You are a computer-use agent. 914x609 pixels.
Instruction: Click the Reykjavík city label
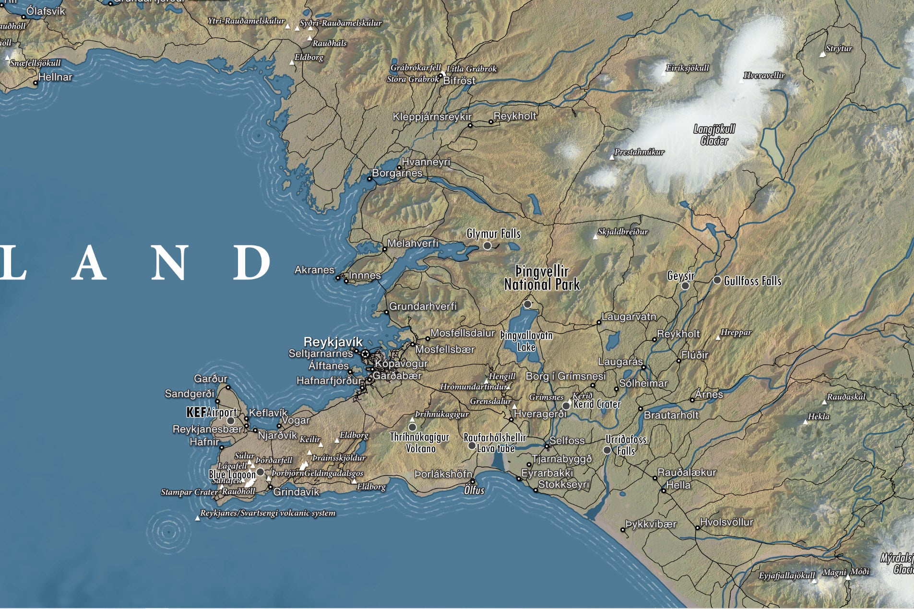click(333, 342)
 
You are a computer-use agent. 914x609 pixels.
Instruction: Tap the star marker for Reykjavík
click(365, 354)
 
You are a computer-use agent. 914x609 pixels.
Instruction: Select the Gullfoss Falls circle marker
click(717, 280)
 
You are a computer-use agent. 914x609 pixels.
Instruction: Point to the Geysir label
click(681, 276)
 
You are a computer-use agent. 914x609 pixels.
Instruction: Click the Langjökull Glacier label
click(714, 135)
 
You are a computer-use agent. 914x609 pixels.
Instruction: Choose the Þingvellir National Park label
click(542, 278)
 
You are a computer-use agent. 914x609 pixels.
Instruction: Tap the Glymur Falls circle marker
click(487, 246)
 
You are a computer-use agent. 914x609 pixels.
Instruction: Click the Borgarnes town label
click(397, 173)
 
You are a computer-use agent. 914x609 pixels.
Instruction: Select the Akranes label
click(314, 270)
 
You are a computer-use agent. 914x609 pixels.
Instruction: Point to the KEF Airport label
click(211, 412)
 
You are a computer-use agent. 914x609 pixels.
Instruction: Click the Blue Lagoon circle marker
click(260, 472)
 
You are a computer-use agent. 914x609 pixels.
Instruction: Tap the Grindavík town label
click(296, 492)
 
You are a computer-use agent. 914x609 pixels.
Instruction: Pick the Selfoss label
click(567, 440)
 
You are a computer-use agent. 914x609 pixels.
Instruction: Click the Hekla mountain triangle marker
click(806, 422)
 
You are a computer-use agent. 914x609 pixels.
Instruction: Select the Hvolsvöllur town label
click(726, 522)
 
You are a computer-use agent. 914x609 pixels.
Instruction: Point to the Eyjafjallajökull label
click(787, 575)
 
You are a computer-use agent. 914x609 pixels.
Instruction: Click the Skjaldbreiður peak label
click(623, 232)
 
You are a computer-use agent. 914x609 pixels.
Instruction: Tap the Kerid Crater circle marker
click(566, 406)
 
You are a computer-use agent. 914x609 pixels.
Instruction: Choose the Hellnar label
click(55, 77)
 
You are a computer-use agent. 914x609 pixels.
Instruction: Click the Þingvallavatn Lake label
click(526, 341)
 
